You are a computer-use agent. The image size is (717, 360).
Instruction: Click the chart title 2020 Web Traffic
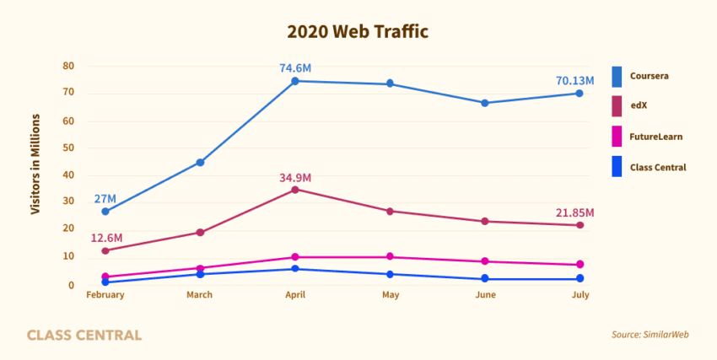click(x=358, y=32)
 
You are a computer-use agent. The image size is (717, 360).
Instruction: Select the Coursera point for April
click(x=295, y=81)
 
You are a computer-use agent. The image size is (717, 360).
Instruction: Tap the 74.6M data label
click(x=295, y=67)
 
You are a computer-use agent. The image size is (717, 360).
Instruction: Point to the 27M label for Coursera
click(x=105, y=199)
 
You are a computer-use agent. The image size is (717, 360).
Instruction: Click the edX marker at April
click(x=295, y=190)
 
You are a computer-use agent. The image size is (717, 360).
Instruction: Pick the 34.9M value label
click(x=295, y=177)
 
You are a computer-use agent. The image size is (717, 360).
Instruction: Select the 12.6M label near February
click(x=107, y=238)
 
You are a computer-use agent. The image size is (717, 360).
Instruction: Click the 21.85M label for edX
click(x=574, y=212)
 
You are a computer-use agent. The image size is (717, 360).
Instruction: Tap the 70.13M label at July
click(x=574, y=81)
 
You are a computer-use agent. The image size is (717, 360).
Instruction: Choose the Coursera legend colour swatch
click(x=617, y=76)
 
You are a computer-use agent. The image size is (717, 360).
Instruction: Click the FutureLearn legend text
click(x=655, y=137)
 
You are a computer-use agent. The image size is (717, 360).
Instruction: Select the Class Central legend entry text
click(x=658, y=167)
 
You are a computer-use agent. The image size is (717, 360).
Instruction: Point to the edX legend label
click(x=638, y=106)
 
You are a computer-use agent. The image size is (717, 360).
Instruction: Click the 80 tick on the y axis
click(x=69, y=67)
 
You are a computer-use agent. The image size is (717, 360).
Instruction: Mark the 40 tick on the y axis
click(x=69, y=175)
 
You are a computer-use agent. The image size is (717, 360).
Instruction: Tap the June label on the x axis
click(x=486, y=295)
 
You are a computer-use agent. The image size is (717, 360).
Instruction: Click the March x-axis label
click(x=200, y=295)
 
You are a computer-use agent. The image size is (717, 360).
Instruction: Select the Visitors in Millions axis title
click(x=35, y=164)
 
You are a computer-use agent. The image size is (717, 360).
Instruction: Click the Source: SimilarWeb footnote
click(x=650, y=335)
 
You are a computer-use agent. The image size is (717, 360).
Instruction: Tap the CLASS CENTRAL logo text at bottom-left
click(x=84, y=336)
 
